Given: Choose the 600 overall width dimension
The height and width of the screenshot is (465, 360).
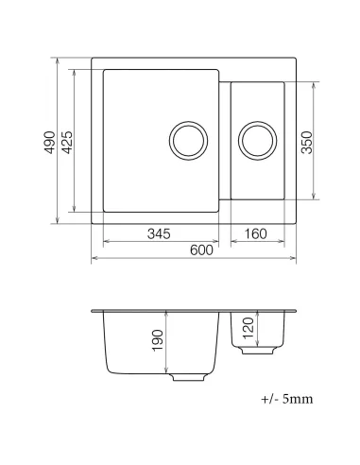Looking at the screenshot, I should coord(198,250).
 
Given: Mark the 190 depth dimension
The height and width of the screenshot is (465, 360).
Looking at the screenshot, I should coord(158,341).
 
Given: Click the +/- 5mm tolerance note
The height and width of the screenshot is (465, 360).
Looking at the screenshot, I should coord(285,399).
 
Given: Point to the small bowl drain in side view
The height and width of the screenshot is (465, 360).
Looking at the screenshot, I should coord(255,351).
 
